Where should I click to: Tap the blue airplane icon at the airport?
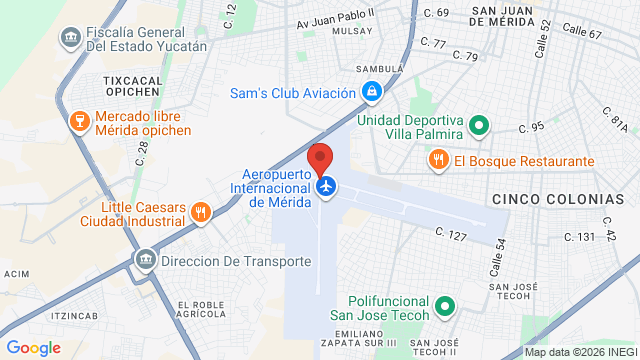point(325,185)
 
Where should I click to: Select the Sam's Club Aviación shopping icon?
point(371,93)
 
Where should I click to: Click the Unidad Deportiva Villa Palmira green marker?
point(478,126)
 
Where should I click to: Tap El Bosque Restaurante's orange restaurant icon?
point(438,160)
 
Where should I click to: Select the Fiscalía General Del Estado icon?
point(69,38)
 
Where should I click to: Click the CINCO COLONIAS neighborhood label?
point(550,200)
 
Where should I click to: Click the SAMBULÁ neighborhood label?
point(381,69)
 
